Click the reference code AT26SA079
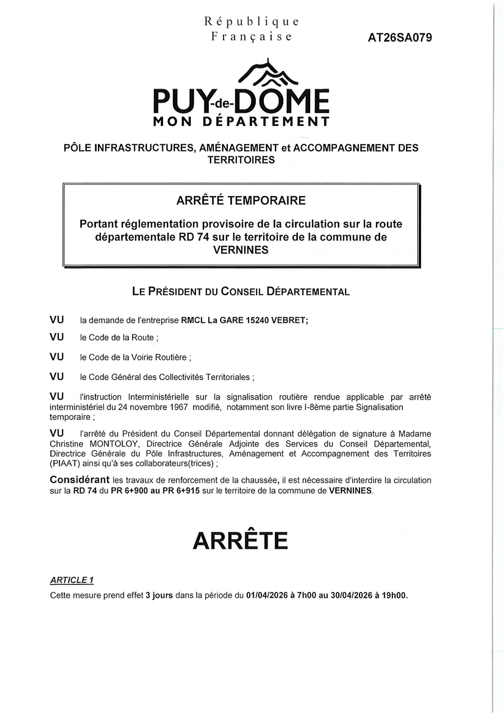(400, 38)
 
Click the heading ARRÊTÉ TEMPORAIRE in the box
(241, 200)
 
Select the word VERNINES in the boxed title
(241, 250)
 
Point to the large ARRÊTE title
(240, 540)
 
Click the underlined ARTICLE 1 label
(71, 580)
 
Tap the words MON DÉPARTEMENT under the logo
(241, 122)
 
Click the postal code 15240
(258, 320)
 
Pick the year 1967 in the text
(177, 407)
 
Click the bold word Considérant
(80, 480)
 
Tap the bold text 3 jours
(159, 595)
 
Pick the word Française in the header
(251, 37)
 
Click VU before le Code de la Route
(57, 337)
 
